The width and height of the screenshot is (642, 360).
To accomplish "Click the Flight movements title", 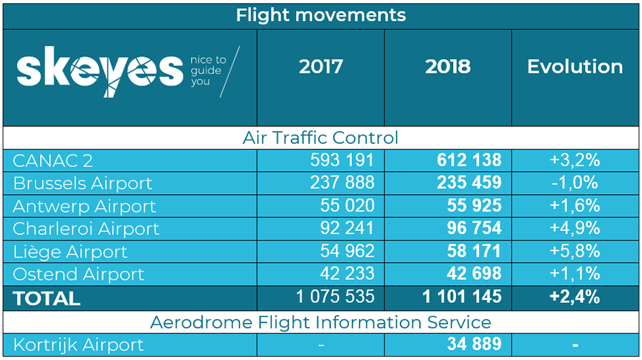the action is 321,16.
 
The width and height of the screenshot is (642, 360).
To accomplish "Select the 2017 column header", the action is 321,67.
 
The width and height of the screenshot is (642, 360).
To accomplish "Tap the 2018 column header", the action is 448,67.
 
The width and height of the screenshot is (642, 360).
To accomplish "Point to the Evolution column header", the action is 575,67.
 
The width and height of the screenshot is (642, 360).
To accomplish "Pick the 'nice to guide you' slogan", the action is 208,71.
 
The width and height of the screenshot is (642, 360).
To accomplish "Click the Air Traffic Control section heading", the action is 320,138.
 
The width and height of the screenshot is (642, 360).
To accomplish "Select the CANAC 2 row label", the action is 52,160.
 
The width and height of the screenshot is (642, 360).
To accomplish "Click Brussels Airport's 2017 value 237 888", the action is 342,183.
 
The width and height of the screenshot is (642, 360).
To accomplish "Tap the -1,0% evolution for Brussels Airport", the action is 575,183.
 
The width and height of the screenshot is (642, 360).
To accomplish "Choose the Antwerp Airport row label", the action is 84,206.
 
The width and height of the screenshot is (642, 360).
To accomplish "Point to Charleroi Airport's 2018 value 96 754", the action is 474,228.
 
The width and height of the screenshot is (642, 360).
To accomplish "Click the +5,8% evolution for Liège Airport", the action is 575,251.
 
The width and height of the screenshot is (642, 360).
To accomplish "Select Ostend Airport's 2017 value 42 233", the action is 346,274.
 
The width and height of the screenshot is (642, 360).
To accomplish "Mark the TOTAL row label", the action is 46,299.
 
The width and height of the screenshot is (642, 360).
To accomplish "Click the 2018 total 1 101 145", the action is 462,297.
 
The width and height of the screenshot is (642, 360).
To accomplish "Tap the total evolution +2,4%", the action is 575,297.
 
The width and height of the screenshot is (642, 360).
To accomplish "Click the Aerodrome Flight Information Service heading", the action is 321,323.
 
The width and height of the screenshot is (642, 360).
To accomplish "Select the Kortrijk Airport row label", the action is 78,345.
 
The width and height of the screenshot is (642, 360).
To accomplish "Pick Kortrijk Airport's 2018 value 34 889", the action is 474,344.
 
